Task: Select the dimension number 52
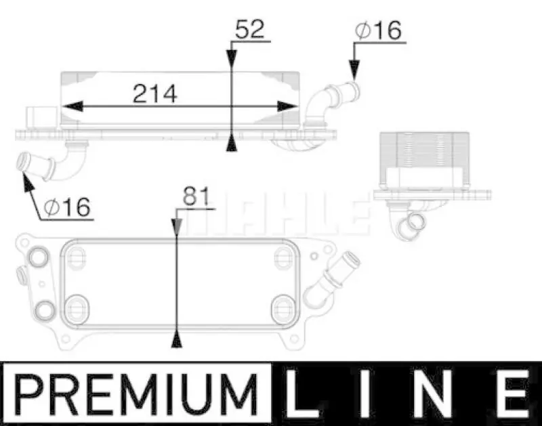pos(249,30)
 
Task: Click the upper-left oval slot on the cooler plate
pos(78,255)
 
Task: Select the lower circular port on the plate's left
pos(44,310)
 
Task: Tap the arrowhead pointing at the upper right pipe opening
pos(353,68)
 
